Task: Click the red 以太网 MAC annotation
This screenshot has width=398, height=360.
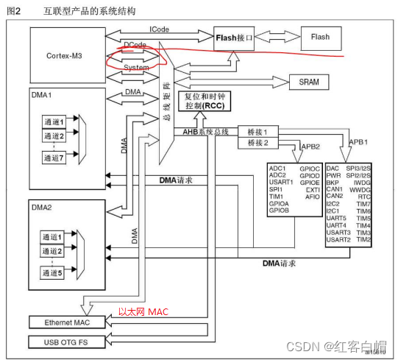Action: (143, 311)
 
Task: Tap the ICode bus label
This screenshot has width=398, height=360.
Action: (160, 29)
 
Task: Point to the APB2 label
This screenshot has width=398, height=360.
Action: (310, 147)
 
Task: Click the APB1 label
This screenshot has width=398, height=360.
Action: (358, 141)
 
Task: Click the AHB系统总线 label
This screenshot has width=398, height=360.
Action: (206, 132)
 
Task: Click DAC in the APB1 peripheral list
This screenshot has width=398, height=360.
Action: (333, 168)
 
